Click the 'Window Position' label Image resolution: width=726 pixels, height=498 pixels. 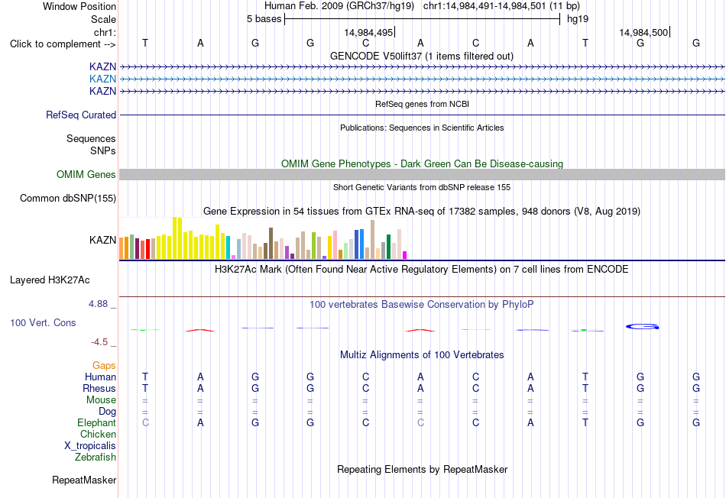pos(79,6)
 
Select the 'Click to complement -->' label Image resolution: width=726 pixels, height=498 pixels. pos(63,44)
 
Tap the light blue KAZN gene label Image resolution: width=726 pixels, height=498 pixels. pos(103,79)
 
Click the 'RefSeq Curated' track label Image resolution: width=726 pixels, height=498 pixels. pos(81,115)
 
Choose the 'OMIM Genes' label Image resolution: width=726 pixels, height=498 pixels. pos(86,174)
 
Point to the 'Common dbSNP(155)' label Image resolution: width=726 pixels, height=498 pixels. pos(68,198)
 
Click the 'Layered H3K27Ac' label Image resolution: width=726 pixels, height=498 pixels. pos(50,280)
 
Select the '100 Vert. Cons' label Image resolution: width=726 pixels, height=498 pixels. pos(43,322)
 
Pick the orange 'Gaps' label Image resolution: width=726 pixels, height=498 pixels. pos(104,366)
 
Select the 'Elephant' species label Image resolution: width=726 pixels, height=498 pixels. pos(97,422)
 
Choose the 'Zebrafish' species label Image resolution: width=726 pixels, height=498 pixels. pos(96,457)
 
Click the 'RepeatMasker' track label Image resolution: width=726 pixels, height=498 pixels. pos(84,480)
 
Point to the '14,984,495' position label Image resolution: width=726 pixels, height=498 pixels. pos(368,32)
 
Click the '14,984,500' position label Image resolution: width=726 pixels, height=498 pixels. pos(643,32)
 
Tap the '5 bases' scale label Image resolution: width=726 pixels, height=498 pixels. pos(264,19)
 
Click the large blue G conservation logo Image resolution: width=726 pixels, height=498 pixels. pos(642,327)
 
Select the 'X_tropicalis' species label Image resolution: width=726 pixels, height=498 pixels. pos(90,446)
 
